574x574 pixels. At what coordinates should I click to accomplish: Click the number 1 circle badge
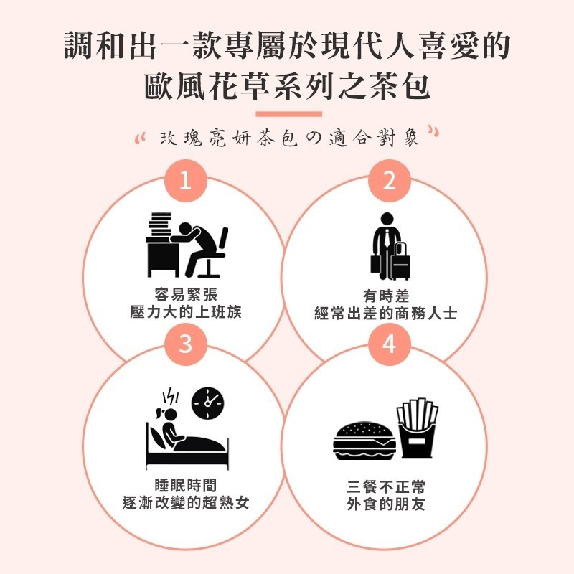pos(185,181)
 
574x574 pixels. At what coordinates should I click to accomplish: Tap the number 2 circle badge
pos(389,181)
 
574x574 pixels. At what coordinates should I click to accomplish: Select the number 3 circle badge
pos(185,344)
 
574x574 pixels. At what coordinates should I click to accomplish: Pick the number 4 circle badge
pos(389,344)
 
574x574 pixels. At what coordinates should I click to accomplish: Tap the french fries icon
pos(418,429)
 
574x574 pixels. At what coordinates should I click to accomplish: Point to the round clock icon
pos(208,404)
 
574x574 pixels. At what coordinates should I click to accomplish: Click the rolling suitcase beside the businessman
pos(400,261)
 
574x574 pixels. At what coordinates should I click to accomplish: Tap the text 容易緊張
pos(185,295)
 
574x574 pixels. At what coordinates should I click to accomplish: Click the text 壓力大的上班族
pos(185,312)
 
